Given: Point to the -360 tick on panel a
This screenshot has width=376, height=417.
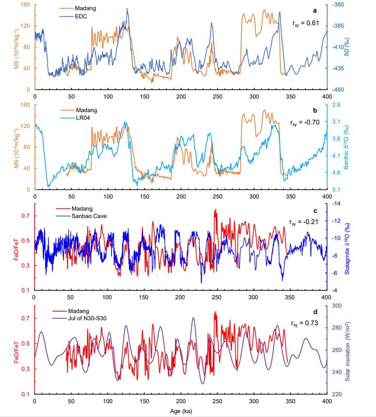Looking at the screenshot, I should click(337, 5).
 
